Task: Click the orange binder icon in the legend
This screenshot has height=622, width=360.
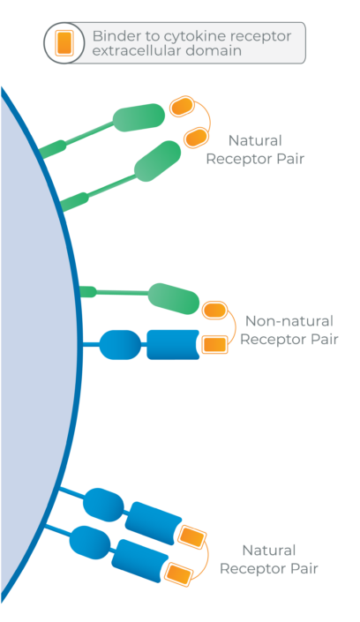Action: tap(64, 43)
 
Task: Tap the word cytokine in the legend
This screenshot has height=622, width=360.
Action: tap(192, 37)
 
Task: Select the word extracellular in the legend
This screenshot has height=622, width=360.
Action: tap(131, 51)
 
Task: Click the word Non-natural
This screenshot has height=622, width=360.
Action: tap(289, 321)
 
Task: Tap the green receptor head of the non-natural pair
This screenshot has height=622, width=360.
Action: tap(174, 299)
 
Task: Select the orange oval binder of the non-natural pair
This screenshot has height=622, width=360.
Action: tap(214, 311)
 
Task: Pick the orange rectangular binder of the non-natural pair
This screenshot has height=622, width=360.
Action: tap(214, 344)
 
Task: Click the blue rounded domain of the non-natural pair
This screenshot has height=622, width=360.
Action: tap(120, 345)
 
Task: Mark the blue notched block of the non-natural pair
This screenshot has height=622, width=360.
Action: tap(173, 345)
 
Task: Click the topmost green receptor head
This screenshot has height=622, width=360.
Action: tap(139, 117)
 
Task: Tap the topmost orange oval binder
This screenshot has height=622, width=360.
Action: tap(182, 106)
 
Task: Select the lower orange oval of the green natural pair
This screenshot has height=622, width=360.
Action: tap(196, 138)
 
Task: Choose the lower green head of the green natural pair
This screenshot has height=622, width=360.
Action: tap(158, 161)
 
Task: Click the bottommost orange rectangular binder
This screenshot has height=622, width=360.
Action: tap(178, 573)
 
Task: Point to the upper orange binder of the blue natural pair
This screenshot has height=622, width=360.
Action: tap(192, 536)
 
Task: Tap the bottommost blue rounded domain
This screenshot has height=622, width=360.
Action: tap(90, 543)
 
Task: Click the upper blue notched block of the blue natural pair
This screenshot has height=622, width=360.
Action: tap(153, 523)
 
